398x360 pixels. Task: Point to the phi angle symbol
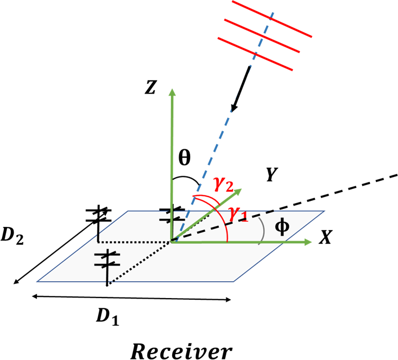tap(281, 226)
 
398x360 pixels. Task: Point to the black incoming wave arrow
tap(239, 87)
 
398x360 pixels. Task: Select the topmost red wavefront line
tap(271, 20)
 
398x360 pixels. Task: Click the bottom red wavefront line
tap(256, 54)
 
